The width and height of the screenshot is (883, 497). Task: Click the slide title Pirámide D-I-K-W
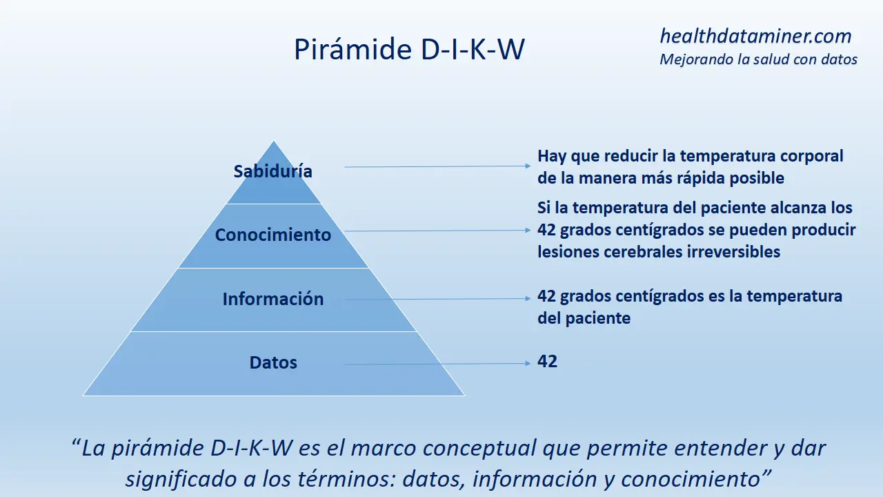pyautogui.click(x=409, y=49)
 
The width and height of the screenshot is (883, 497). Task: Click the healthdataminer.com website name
pyautogui.click(x=755, y=37)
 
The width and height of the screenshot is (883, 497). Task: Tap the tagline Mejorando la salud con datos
pyautogui.click(x=758, y=59)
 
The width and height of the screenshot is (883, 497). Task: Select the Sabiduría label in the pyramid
pyautogui.click(x=272, y=171)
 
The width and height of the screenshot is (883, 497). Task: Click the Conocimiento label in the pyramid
pyautogui.click(x=272, y=235)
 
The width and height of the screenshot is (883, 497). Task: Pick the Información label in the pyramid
pyautogui.click(x=272, y=299)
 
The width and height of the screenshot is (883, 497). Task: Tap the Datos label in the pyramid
pyautogui.click(x=272, y=362)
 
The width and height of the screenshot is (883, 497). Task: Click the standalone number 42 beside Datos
pyautogui.click(x=547, y=361)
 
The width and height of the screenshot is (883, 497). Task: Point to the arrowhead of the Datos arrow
pyautogui.click(x=528, y=363)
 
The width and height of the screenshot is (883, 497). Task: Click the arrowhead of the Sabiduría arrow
pyautogui.click(x=528, y=166)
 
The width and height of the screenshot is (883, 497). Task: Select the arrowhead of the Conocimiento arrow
pyautogui.click(x=528, y=231)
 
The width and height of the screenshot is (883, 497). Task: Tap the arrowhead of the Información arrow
pyautogui.click(x=528, y=299)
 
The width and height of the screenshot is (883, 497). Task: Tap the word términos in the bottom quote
pyautogui.click(x=346, y=479)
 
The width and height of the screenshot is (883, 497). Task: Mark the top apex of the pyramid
pyautogui.click(x=274, y=142)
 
